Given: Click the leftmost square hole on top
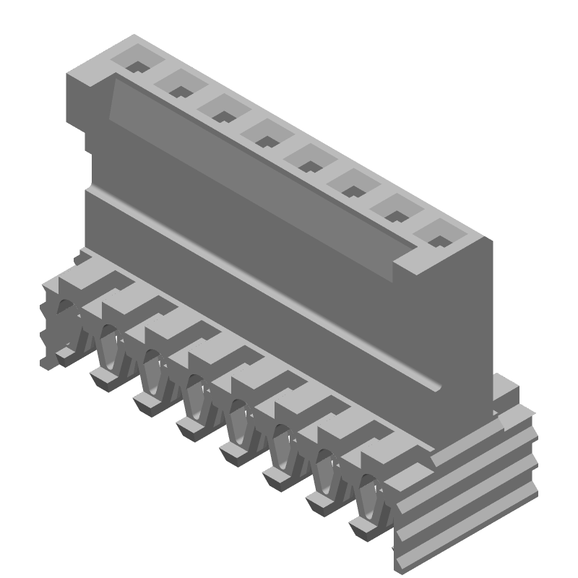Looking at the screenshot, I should click(137, 64).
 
